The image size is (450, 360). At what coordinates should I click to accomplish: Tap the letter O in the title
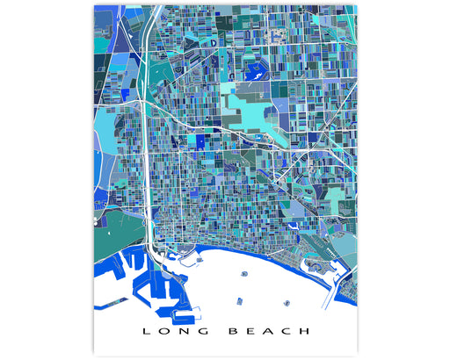click(x=164, y=331)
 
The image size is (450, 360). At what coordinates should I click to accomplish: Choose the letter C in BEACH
click(x=287, y=331)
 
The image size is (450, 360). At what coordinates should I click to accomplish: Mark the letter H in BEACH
click(x=306, y=331)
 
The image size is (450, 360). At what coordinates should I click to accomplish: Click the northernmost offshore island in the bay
click(x=243, y=273)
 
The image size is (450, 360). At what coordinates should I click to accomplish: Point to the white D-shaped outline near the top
click(x=212, y=40)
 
